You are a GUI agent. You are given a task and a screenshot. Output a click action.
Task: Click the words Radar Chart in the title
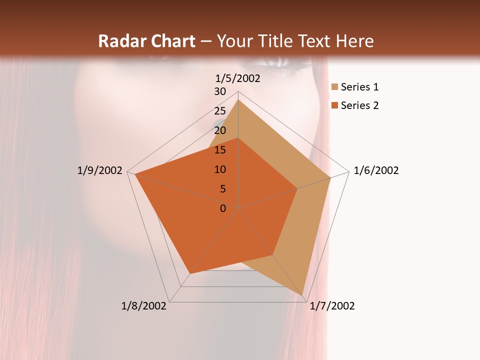pyautogui.click(x=146, y=41)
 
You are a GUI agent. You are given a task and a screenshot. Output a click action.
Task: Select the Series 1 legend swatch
pyautogui.click(x=334, y=87)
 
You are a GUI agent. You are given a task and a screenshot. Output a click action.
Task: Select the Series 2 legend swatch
pyautogui.click(x=334, y=105)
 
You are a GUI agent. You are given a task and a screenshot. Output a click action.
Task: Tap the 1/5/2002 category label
pyautogui.click(x=238, y=78)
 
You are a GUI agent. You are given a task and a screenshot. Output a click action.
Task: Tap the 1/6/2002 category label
pyautogui.click(x=376, y=170)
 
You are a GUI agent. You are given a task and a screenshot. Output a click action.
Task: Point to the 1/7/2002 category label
pyautogui.click(x=332, y=306)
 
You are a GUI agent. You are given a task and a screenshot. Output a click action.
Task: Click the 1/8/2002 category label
pyautogui.click(x=144, y=306)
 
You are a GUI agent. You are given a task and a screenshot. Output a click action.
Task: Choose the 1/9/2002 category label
pyautogui.click(x=99, y=170)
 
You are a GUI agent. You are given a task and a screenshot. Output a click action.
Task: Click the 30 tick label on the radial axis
pyautogui.click(x=220, y=91)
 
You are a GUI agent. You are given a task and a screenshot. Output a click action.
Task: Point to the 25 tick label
pyautogui.click(x=220, y=111)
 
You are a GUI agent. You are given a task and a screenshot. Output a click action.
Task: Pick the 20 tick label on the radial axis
pyautogui.click(x=220, y=130)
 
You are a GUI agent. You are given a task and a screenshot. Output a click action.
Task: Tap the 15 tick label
pyautogui.click(x=220, y=150)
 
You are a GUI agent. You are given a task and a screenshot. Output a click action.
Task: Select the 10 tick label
pyautogui.click(x=220, y=169)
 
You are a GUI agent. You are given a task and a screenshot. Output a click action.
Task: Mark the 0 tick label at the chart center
pyautogui.click(x=223, y=208)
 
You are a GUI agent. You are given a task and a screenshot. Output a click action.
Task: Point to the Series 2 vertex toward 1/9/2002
pyautogui.click(x=135, y=174)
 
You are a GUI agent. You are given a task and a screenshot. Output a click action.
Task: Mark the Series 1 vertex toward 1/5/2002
pyautogui.click(x=238, y=99)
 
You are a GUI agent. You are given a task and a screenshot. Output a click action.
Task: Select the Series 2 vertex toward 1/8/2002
pyautogui.click(x=190, y=273)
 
